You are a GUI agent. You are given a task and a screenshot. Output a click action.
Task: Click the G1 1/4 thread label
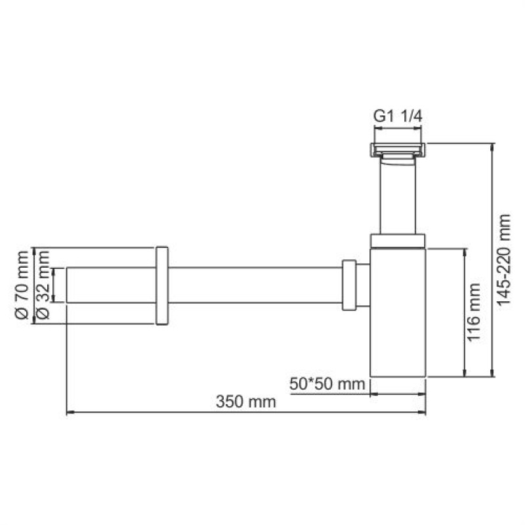pos(398,117)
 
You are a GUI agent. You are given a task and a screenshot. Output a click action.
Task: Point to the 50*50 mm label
pos(327,384)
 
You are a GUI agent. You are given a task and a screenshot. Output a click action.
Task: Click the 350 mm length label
pos(245,402)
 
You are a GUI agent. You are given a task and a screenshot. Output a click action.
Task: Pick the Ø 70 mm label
pos(22,285)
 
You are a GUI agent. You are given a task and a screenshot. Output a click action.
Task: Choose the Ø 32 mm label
pos(43,285)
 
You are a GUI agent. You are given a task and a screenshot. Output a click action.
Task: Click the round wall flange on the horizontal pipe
pos(162,285)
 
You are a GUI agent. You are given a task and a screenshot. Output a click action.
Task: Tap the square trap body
pos(398,312)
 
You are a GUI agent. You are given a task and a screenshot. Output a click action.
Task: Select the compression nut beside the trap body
pos(349,285)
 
